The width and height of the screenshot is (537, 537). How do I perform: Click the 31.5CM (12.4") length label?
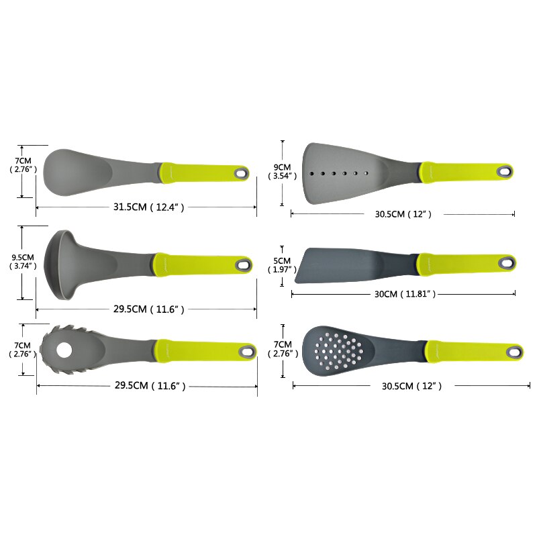[x=148, y=207]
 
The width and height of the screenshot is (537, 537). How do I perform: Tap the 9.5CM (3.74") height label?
[x=23, y=262]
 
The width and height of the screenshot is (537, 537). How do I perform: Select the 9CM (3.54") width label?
[x=282, y=172]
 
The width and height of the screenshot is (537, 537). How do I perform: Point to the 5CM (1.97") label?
[x=282, y=265]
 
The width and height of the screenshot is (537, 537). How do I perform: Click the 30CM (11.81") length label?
[x=405, y=294]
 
